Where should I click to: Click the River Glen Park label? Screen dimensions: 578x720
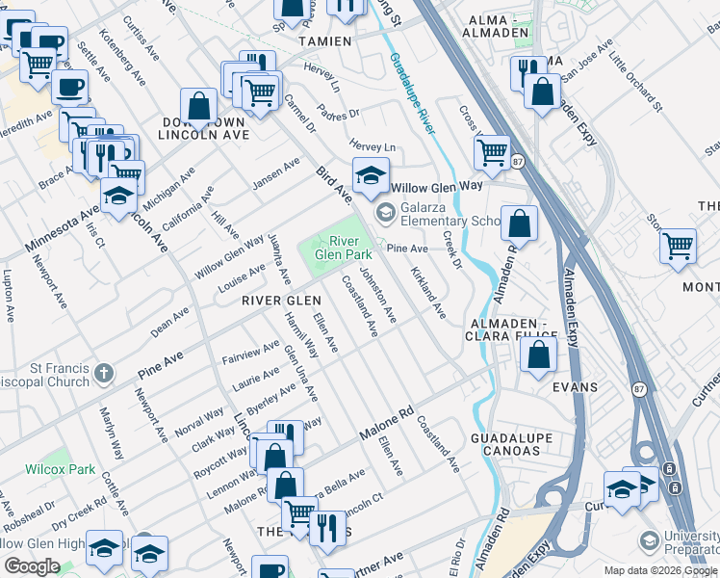click(349, 247)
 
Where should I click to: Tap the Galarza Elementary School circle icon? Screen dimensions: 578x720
click(385, 212)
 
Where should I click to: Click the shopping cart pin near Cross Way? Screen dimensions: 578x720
click(492, 152)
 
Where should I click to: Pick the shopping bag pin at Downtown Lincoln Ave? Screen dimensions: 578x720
click(199, 109)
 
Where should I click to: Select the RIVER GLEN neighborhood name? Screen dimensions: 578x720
click(281, 301)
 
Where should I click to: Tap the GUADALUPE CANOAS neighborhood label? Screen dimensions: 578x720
click(512, 446)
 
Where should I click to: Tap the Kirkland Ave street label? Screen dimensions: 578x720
click(427, 294)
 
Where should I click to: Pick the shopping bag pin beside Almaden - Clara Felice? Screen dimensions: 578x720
click(538, 354)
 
